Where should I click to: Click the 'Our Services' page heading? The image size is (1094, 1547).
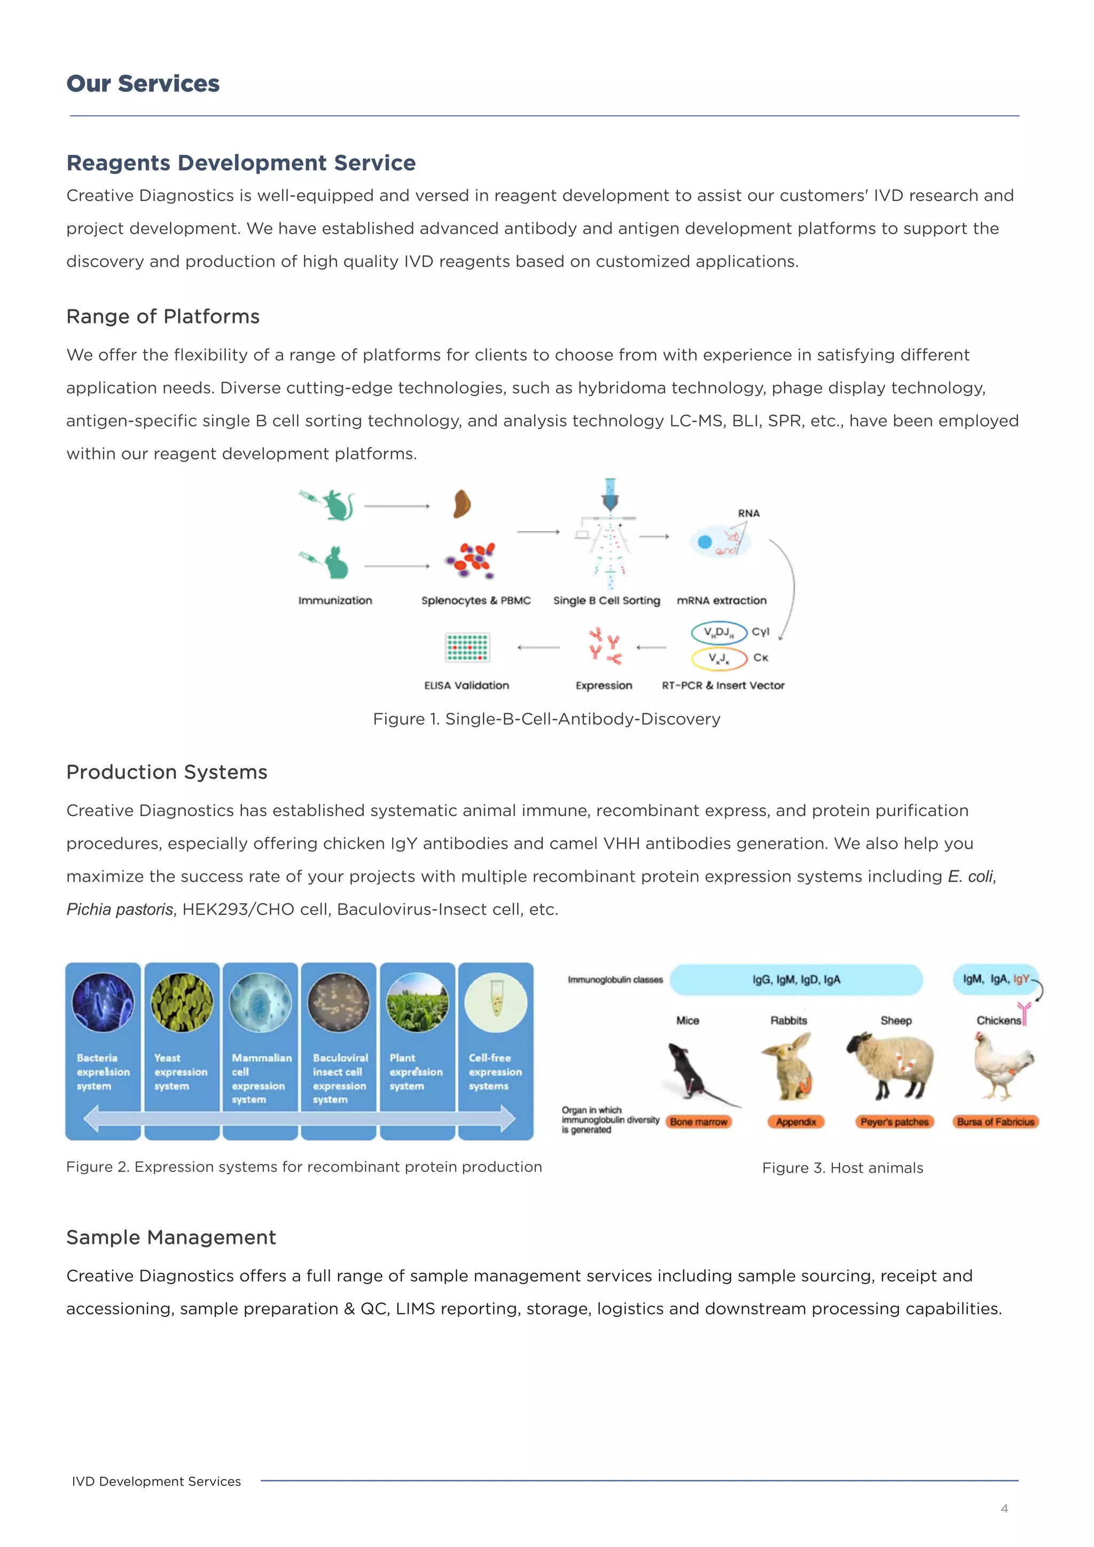(143, 83)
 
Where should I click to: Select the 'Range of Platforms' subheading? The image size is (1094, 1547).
(163, 317)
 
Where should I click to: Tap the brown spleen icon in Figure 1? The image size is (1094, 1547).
(462, 504)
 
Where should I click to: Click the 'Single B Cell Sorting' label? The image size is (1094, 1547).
(606, 600)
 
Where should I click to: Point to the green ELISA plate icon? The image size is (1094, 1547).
(467, 647)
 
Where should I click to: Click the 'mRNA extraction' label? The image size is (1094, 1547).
(722, 600)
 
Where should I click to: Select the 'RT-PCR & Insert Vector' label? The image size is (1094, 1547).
(723, 685)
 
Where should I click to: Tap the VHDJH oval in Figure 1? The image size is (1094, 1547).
(719, 632)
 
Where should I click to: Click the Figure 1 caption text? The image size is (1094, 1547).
(546, 719)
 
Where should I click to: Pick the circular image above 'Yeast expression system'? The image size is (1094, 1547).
(182, 1002)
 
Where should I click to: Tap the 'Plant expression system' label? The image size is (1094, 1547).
(416, 1072)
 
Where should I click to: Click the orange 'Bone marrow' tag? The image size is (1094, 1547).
(699, 1122)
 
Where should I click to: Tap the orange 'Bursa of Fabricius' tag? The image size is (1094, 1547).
(996, 1122)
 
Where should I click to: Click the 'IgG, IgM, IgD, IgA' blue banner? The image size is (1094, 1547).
(796, 980)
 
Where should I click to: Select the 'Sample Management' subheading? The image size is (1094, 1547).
(171, 1238)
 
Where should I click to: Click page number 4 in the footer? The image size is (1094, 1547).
(1004, 1509)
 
